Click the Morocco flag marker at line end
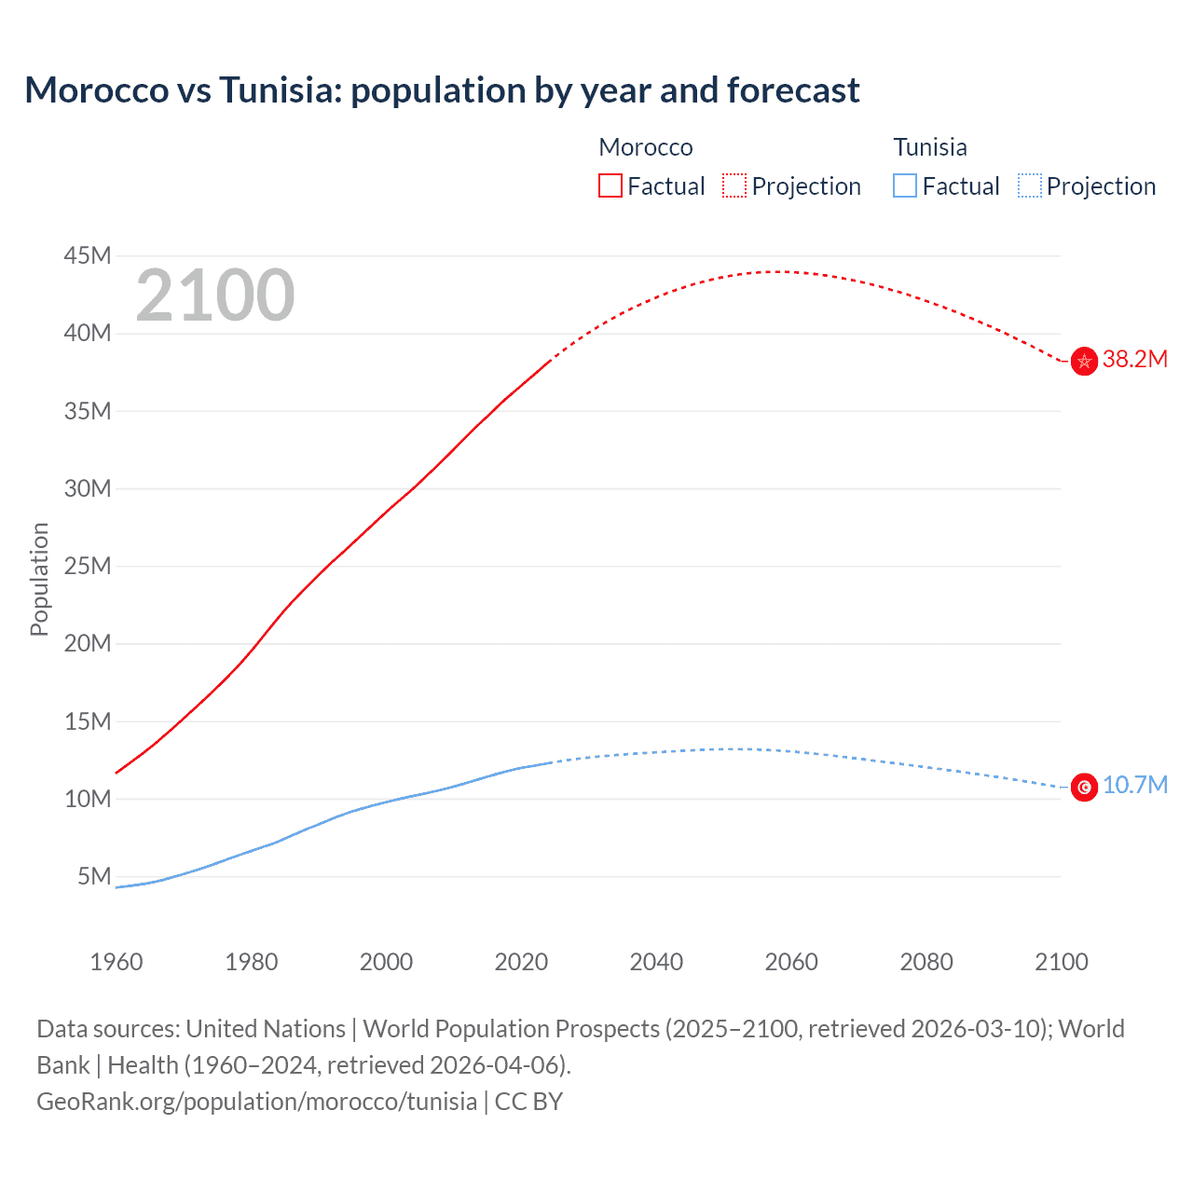tap(1084, 361)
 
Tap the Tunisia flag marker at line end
tap(1084, 788)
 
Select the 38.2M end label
tap(1134, 360)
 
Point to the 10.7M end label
tap(1134, 785)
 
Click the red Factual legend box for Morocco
tap(610, 186)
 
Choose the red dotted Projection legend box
tap(734, 186)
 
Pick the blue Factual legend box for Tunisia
tap(905, 186)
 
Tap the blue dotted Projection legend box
tap(1030, 186)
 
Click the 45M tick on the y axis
tap(88, 255)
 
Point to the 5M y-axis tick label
tap(94, 876)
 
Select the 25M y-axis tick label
tap(88, 566)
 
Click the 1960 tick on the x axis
tap(117, 962)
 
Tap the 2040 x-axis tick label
tap(656, 962)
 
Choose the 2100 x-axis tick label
tap(1061, 962)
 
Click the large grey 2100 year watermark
tap(215, 295)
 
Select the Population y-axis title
tap(39, 579)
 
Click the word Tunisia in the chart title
tap(280, 90)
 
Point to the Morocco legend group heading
tap(646, 147)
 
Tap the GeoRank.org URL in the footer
tap(256, 1101)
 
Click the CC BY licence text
tap(528, 1101)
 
